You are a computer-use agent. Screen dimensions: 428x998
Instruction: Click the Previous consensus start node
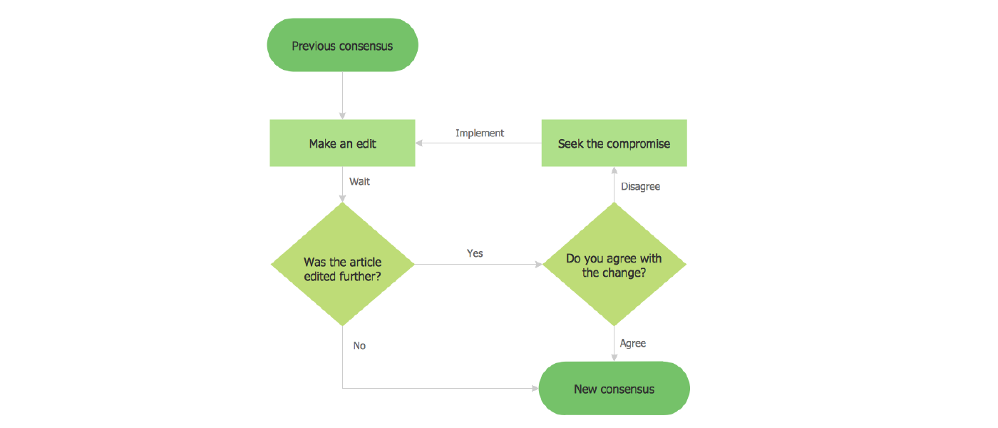(x=342, y=46)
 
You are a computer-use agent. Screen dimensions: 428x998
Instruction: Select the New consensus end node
(x=614, y=389)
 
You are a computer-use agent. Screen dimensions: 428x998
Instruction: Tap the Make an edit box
(x=342, y=143)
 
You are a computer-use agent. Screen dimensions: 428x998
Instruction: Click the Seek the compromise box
(x=614, y=143)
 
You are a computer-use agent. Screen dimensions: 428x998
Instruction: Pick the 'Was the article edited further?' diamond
(x=342, y=265)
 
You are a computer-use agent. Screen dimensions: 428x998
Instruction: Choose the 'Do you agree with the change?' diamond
(x=614, y=265)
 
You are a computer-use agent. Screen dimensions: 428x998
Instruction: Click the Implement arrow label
(x=480, y=133)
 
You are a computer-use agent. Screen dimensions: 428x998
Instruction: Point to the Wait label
(x=359, y=181)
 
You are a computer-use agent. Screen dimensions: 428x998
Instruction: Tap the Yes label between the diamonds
(x=475, y=253)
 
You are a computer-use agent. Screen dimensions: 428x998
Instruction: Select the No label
(x=359, y=345)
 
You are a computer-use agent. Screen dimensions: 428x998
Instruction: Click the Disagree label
(x=640, y=187)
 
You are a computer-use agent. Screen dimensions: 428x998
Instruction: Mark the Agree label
(x=632, y=343)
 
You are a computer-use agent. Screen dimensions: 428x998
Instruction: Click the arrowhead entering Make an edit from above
(x=342, y=116)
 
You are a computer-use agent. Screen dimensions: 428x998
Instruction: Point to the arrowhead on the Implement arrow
(x=420, y=143)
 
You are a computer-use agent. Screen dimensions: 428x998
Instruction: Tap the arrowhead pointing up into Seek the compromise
(x=614, y=171)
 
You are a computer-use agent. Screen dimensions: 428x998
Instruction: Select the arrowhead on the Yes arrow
(x=538, y=265)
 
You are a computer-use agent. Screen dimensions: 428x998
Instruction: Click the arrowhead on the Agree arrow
(x=614, y=357)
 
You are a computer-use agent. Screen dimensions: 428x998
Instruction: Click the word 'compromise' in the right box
(x=638, y=144)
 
